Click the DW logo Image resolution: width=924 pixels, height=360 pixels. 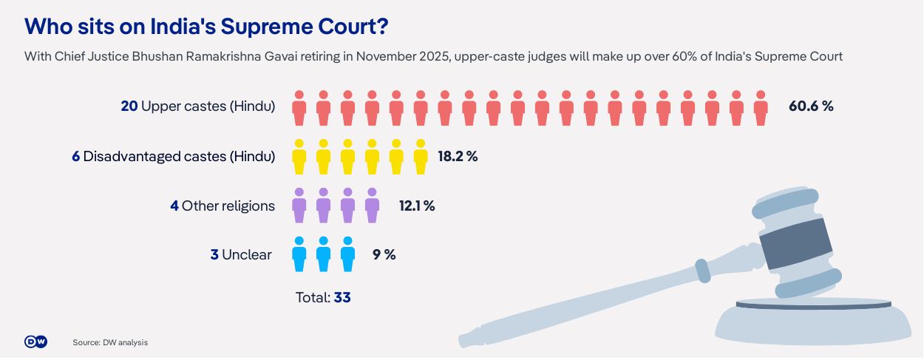35,342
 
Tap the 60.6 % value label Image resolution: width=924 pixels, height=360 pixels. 811,106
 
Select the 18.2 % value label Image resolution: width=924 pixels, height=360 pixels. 458,156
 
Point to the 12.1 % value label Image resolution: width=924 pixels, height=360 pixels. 417,206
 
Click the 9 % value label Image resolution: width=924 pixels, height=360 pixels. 384,254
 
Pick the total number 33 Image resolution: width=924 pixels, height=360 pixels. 342,297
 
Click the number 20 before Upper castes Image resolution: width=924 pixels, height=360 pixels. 129,106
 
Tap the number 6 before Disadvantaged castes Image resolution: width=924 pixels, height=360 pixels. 76,156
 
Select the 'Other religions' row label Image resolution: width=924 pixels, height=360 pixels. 228,206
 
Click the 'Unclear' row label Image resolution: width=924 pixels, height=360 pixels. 247,255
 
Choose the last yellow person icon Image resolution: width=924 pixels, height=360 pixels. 421,157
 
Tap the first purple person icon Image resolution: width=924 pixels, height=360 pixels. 299,206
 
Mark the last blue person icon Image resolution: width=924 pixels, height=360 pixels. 347,254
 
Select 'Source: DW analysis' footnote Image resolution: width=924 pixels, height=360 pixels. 110,342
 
